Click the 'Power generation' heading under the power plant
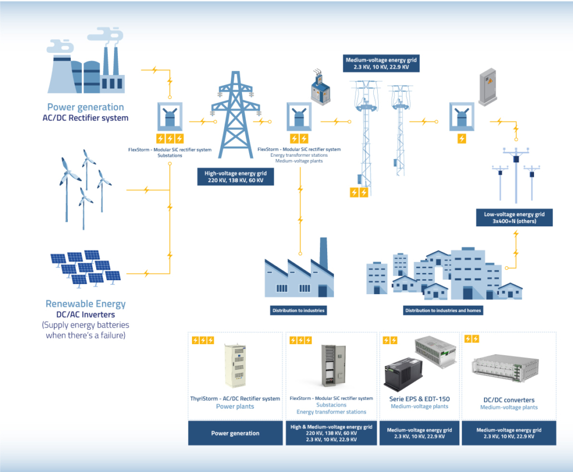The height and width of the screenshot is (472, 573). pos(85,107)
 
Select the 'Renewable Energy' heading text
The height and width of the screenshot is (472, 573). pos(85,304)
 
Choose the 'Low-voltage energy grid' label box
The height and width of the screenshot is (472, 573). pos(514,217)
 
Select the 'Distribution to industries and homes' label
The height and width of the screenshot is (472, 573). pos(443,310)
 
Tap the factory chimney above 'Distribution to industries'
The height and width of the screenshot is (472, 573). pos(323,254)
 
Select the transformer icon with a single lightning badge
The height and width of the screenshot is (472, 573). pos(461,118)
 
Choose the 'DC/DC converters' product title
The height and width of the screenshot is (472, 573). pos(508,400)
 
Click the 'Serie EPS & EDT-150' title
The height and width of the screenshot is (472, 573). pos(420,399)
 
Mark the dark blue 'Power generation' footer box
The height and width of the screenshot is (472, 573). pos(235,433)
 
